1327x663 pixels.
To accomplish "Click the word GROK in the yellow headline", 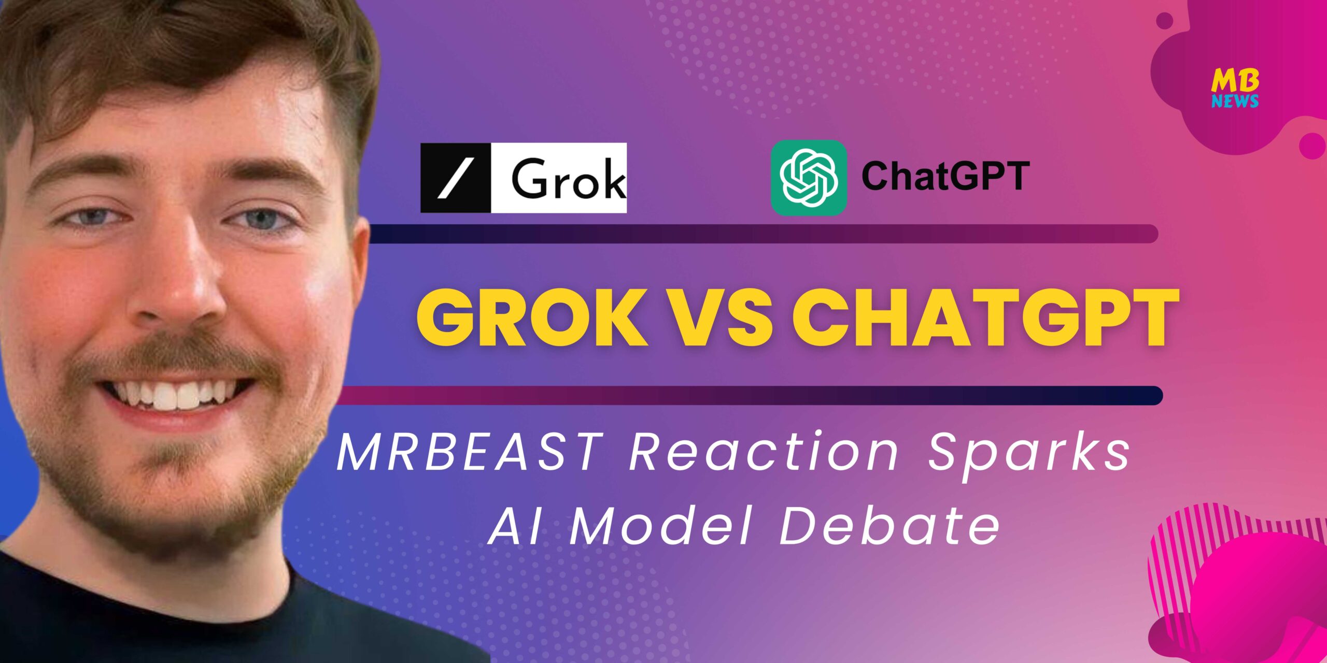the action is coord(532,317).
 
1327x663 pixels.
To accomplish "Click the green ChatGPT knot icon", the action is coord(809,177).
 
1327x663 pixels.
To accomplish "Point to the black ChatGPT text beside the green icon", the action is coord(945,176).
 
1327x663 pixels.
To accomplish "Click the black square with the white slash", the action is coord(456,178).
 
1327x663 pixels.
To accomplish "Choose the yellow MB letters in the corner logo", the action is coord(1235,81).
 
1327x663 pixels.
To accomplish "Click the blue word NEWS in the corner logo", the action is coord(1235,101).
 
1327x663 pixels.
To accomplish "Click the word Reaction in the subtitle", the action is coord(764,452).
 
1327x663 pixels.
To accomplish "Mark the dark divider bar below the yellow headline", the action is coord(749,395).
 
